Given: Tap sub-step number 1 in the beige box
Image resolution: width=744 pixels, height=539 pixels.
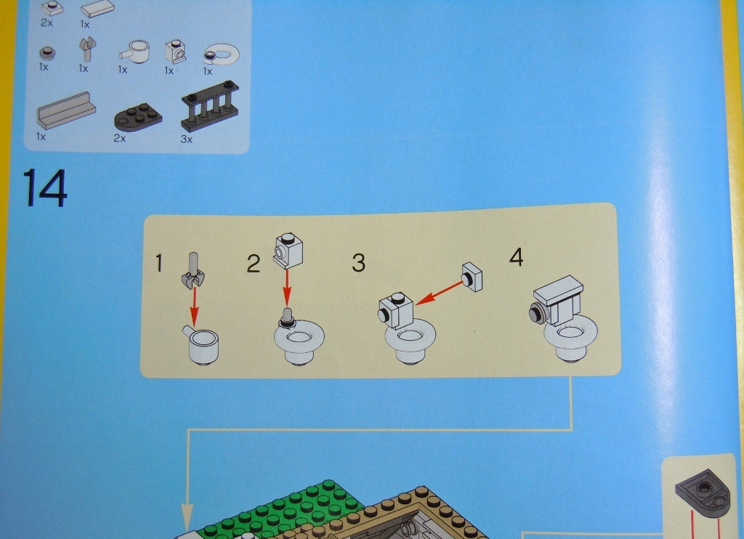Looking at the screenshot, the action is pos(159,264).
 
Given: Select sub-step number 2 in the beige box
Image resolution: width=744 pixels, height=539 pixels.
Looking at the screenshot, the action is pos(254,264).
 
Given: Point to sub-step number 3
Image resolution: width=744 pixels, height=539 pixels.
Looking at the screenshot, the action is pos(359,263).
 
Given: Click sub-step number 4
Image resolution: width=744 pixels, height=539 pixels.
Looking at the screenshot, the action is pos(517,257).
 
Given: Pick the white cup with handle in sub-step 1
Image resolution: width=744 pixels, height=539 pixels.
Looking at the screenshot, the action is pos(201,344).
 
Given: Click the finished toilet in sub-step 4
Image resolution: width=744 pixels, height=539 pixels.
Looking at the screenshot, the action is pos(564,320).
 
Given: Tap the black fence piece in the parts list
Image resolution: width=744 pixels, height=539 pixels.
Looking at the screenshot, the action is pos(209,106).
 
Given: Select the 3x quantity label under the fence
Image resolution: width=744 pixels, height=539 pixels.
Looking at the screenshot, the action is pos(187,139).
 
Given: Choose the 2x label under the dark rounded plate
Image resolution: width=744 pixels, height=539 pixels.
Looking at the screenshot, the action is pos(120,138).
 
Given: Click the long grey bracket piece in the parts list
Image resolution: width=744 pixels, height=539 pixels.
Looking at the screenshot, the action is pos(66,111).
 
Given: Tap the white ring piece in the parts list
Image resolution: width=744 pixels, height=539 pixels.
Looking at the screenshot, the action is pos(222,54).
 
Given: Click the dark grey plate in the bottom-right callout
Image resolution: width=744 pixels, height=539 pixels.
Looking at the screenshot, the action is pos(703,492).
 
